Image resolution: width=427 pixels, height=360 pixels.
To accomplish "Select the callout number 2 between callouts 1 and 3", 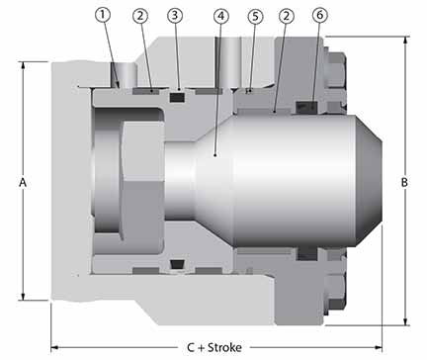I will (x=141, y=16).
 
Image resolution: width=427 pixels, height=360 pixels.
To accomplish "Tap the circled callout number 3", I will (x=174, y=16).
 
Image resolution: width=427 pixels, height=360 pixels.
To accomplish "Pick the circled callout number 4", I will (x=220, y=16).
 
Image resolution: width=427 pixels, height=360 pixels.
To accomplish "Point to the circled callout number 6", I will (x=318, y=16).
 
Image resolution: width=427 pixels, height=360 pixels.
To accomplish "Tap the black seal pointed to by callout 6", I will (x=312, y=107).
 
